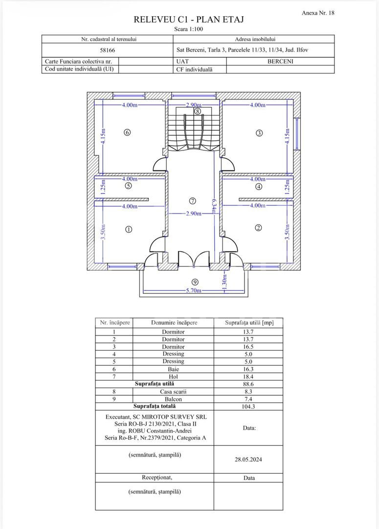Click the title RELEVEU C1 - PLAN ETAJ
point(189,20)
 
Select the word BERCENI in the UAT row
point(280,62)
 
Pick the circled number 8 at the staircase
point(197,111)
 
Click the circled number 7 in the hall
point(193,201)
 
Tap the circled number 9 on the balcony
point(195,282)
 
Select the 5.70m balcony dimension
point(195,290)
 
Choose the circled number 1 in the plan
point(129,229)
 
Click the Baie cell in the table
point(173,369)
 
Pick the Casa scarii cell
point(173,391)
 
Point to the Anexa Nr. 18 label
point(318,13)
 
